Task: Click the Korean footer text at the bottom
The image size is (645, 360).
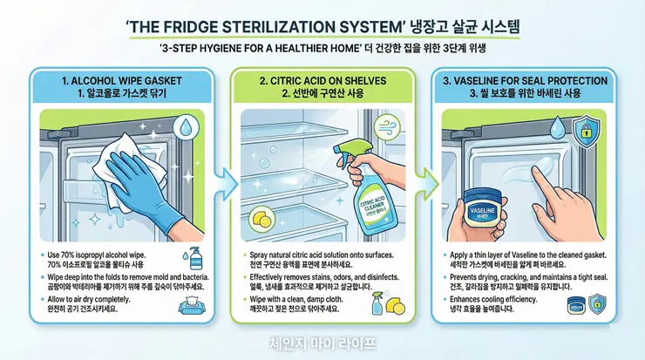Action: tap(322, 343)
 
